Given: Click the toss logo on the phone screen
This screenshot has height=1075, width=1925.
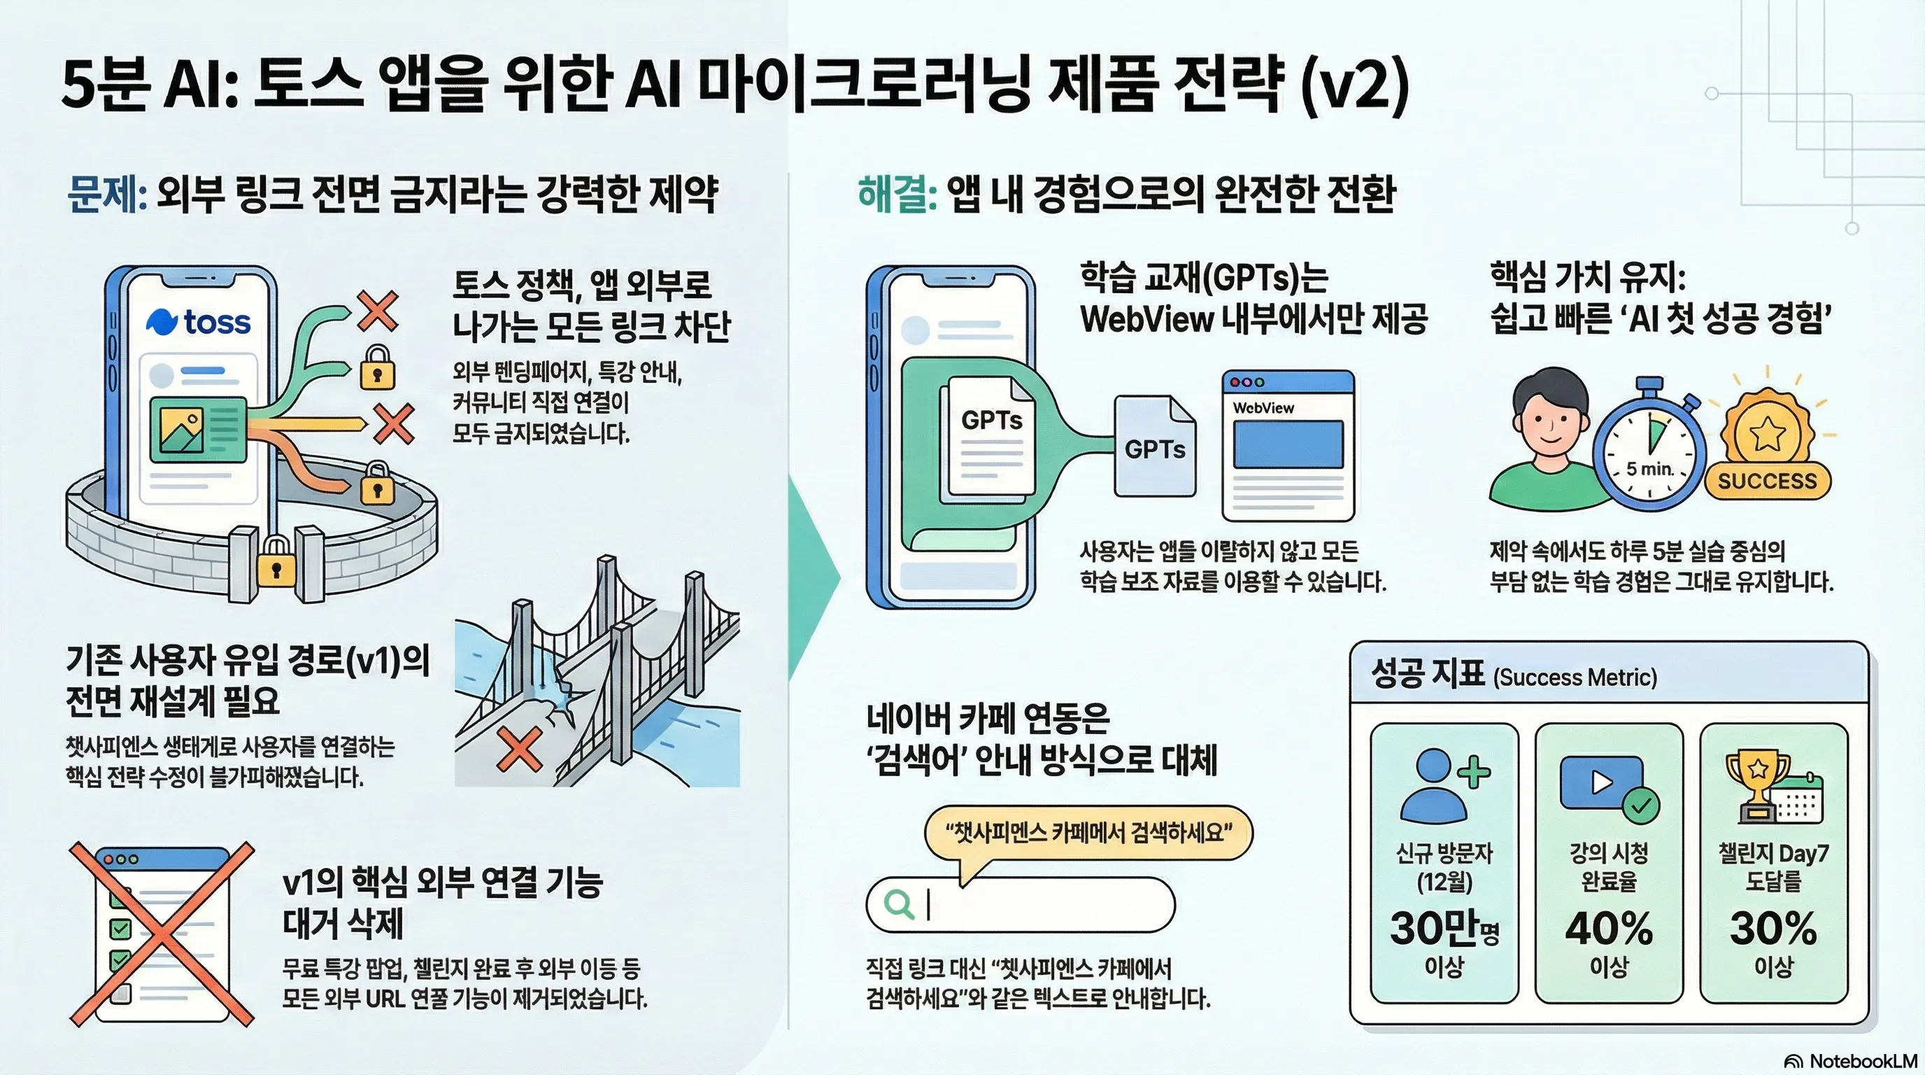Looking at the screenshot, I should pos(198,321).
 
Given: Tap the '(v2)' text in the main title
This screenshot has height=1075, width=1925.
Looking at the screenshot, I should pos(1354,86).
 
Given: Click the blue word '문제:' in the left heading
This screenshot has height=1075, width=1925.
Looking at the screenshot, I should pos(106,195).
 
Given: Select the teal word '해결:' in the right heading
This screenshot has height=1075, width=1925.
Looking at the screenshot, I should pos(897,195).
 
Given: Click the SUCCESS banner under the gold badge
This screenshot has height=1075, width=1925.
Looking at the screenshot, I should pos(1767,481).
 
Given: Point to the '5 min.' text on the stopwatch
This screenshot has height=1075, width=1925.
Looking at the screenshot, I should pos(1649,469).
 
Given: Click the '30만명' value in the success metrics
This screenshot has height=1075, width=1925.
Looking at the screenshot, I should pos(1444,929).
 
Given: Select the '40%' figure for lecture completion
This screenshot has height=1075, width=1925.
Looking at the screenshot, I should pos(1609,929).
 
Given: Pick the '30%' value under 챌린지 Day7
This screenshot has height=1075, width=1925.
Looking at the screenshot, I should pos(1773,929).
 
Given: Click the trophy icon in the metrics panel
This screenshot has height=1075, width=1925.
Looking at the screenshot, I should pos(1759,785).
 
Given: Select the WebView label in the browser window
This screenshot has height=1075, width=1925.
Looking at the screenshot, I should pos(1263,408).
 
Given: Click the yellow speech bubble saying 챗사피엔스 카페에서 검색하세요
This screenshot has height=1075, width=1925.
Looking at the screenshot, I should pos(1088,831).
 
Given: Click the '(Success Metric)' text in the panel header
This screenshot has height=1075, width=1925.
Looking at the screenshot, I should pos(1575,677).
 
